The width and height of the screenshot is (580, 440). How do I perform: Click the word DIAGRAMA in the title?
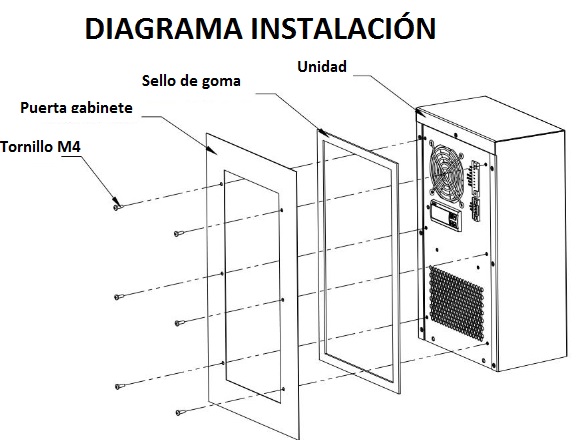point(163,28)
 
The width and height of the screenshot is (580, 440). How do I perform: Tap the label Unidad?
point(322,67)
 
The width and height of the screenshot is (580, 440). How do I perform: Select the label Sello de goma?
point(191,81)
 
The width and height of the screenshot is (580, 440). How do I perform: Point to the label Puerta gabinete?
point(76,108)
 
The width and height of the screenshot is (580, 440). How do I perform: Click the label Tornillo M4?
point(40,147)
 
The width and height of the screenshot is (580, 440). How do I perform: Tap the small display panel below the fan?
point(446,215)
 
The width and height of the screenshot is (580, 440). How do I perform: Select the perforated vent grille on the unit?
point(456,302)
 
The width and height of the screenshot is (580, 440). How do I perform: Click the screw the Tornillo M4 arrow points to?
point(117,207)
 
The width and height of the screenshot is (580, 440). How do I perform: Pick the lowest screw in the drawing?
point(179,412)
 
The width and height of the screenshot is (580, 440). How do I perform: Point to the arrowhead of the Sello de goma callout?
point(323,132)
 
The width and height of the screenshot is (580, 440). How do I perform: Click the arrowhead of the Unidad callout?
point(421,112)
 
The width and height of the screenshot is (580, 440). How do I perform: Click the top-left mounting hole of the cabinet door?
point(221,184)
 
